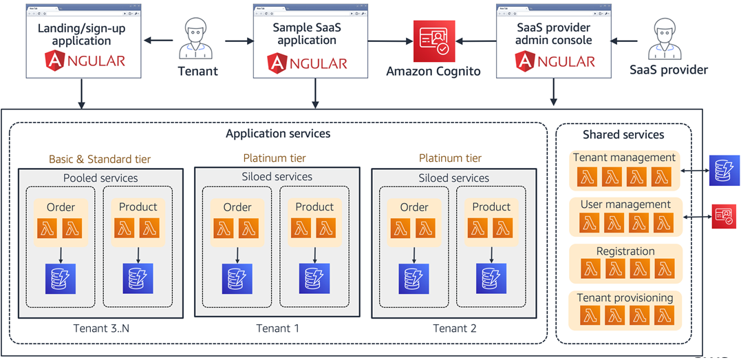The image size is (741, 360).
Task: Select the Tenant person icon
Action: pyautogui.click(x=197, y=39)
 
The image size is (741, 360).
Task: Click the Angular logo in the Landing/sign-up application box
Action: pyautogui.click(x=85, y=61)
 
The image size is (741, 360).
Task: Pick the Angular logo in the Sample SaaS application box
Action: pyautogui.click(x=307, y=63)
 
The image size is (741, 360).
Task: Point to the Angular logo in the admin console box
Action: pyautogui.click(x=554, y=61)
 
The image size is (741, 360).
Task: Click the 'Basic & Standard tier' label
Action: pyautogui.click(x=100, y=159)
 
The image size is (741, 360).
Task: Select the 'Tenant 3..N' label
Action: pyautogui.click(x=101, y=328)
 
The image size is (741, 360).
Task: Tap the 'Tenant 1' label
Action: pyautogui.click(x=277, y=328)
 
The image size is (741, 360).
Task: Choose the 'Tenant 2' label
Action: pyautogui.click(x=454, y=328)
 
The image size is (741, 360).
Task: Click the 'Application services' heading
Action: pyautogui.click(x=278, y=134)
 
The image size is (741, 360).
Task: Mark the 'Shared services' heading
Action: pyautogui.click(x=623, y=135)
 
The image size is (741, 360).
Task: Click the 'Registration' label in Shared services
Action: pyautogui.click(x=625, y=251)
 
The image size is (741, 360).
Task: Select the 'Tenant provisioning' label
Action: pyautogui.click(x=625, y=298)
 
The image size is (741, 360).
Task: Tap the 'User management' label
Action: pyautogui.click(x=625, y=204)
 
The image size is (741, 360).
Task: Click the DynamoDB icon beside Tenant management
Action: pyautogui.click(x=724, y=170)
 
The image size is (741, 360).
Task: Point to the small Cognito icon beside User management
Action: pyautogui.click(x=724, y=216)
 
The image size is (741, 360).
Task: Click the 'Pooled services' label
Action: pyautogui.click(x=100, y=178)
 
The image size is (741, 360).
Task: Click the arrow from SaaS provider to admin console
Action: pyautogui.click(x=626, y=41)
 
